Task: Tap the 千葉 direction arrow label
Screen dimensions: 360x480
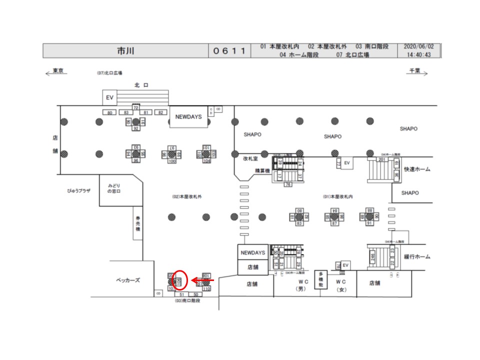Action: [416, 72]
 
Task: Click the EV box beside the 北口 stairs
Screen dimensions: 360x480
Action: [109, 97]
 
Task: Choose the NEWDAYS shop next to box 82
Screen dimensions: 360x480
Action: [188, 116]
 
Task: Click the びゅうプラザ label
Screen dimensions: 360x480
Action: [79, 191]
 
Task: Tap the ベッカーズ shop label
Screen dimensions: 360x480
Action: [127, 280]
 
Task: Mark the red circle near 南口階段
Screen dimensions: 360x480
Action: [181, 280]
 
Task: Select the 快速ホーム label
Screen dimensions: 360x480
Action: [416, 169]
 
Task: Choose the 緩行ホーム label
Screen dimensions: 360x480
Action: [416, 256]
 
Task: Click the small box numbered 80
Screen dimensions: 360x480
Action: [109, 112]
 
